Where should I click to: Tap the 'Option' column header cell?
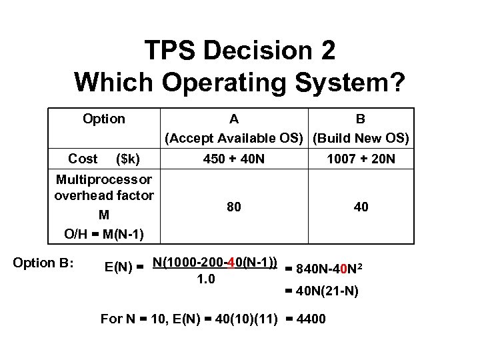[x=103, y=119]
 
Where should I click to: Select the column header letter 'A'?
[x=233, y=119]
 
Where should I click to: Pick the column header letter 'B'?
[x=360, y=119]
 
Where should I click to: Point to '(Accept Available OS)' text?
[x=234, y=138]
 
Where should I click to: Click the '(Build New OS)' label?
[x=361, y=138]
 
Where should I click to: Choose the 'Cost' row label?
[x=83, y=159]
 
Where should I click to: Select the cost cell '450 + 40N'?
[x=233, y=159]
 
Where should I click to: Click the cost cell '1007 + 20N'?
[x=361, y=159]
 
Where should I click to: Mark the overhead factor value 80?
[x=233, y=207]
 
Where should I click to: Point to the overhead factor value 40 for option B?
[x=361, y=207]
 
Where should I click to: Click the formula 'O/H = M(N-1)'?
[x=103, y=234]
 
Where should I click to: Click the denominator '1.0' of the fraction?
[x=207, y=279]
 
